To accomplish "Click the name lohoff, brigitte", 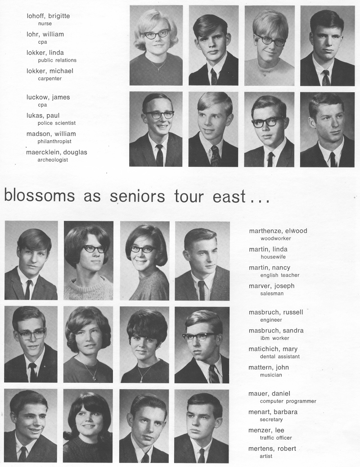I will (48, 16).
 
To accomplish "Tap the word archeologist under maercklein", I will (53, 160).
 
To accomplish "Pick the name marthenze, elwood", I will (278, 231).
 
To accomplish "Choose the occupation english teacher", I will (280, 275).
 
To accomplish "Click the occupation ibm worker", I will (275, 338).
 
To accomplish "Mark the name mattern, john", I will (269, 368).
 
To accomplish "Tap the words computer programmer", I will (288, 401).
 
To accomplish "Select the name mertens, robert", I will (272, 449).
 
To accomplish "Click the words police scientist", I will (56, 123).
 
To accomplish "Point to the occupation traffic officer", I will (276, 438).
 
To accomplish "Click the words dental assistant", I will (280, 356).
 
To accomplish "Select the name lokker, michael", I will (49, 71).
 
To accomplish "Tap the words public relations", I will (57, 60).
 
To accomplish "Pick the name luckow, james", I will (48, 97).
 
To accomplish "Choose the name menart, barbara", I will (273, 412).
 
